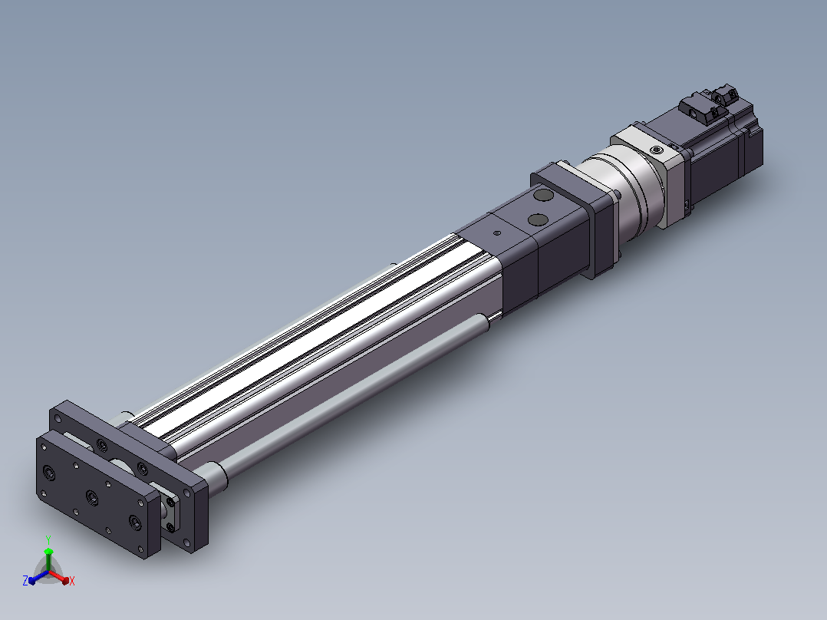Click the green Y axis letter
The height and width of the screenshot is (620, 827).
tap(48, 539)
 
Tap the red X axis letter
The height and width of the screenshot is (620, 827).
tap(72, 581)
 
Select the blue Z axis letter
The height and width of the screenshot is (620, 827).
tap(25, 581)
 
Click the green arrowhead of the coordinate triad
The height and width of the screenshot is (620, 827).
tap(48, 552)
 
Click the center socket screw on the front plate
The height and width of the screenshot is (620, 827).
tap(92, 496)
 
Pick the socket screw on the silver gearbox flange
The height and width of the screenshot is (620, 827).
tap(656, 150)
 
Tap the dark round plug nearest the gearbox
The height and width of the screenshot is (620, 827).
tap(543, 196)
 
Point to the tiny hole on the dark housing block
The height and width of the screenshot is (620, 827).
tap(496, 232)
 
